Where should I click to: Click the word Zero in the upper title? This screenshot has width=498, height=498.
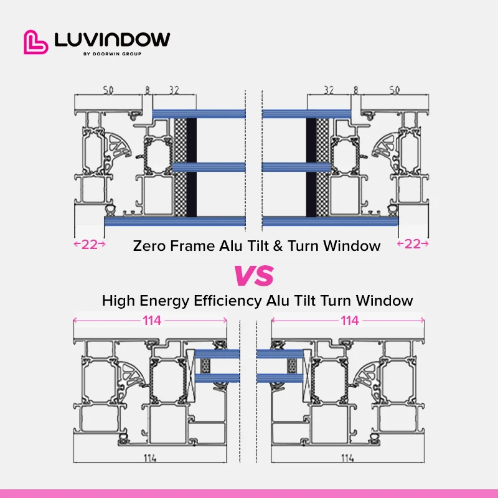pyautogui.click(x=149, y=246)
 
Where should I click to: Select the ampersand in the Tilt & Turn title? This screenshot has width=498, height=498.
pyautogui.click(x=277, y=246)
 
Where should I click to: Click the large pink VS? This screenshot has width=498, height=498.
pyautogui.click(x=253, y=275)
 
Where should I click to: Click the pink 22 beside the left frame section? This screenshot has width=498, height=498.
pyautogui.click(x=90, y=244)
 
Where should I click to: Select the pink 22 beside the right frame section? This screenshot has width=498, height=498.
pyautogui.click(x=413, y=244)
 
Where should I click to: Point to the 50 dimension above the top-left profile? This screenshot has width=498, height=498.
pyautogui.click(x=108, y=91)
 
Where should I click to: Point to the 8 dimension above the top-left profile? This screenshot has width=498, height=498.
pyautogui.click(x=148, y=91)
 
